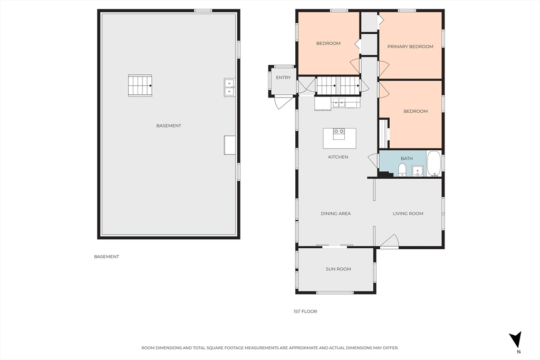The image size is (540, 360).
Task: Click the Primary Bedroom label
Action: click(x=410, y=46)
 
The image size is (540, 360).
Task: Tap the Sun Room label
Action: click(x=338, y=269)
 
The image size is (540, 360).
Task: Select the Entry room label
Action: click(x=283, y=77)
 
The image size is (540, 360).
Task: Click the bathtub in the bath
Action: click(x=434, y=163)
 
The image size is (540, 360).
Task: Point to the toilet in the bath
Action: click(x=402, y=170)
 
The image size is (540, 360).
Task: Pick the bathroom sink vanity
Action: click(x=418, y=171)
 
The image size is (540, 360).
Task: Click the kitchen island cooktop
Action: click(x=339, y=133)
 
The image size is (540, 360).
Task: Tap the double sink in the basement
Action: click(x=229, y=87)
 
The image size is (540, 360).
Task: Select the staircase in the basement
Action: click(x=140, y=86)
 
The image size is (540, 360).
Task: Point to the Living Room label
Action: click(x=408, y=213)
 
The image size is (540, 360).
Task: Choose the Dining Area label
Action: click(x=336, y=213)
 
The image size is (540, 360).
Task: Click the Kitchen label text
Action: click(x=338, y=157)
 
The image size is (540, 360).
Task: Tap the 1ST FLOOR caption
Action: click(x=305, y=312)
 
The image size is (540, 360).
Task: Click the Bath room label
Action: click(x=407, y=159)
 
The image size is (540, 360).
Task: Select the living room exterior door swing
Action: click(x=390, y=240)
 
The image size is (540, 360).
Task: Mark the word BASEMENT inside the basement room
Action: click(x=169, y=125)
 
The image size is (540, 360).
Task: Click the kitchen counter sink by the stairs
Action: click(x=338, y=103)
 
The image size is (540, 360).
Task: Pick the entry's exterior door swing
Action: click(x=283, y=103)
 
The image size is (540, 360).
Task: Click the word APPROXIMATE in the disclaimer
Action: click(x=303, y=348)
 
